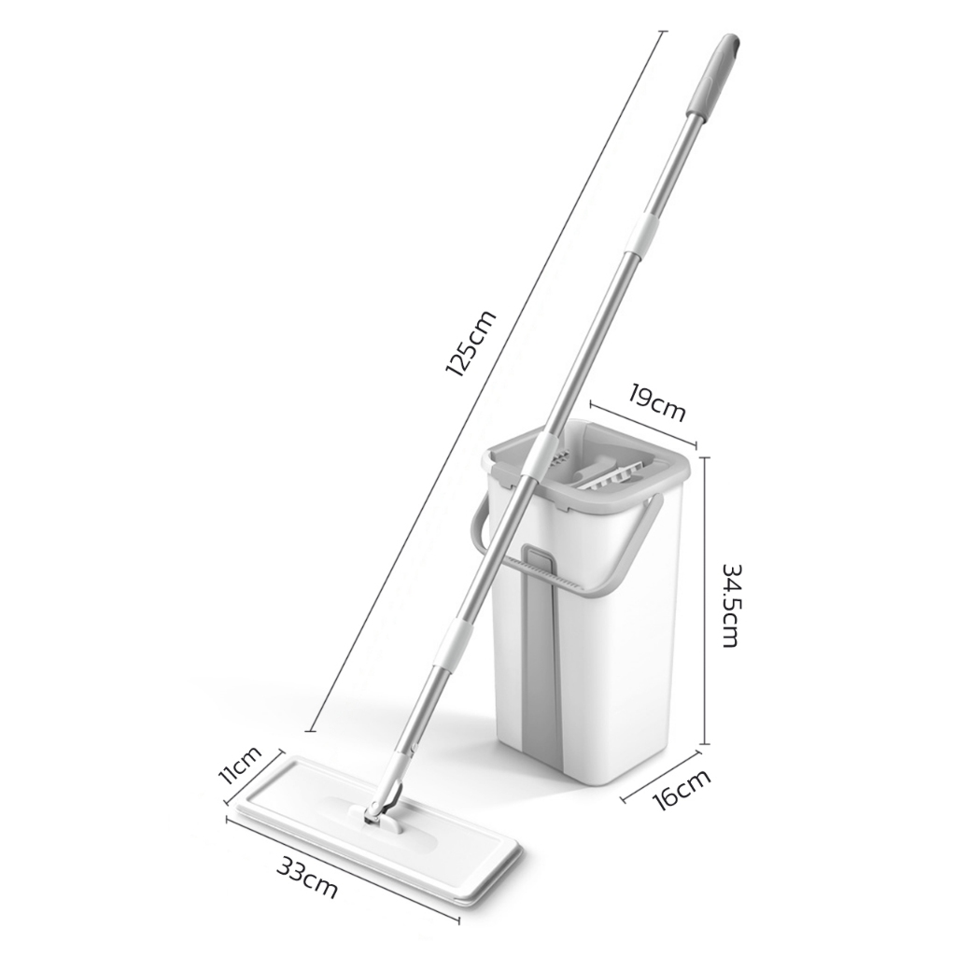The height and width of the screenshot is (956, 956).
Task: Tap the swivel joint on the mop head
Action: [379, 810]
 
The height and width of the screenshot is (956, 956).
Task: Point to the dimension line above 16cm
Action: [663, 773]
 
